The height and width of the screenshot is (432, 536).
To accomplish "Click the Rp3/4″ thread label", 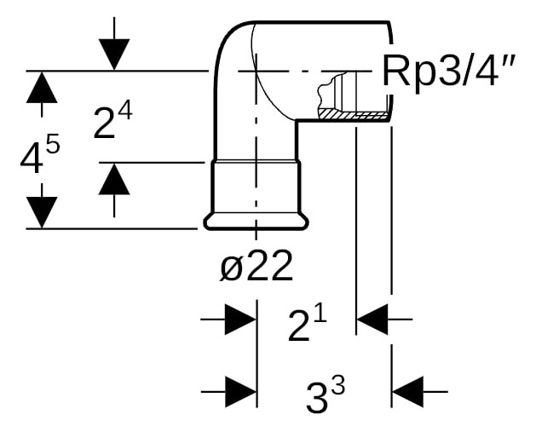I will [x=448, y=71].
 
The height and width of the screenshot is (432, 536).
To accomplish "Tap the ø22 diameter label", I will [x=256, y=268].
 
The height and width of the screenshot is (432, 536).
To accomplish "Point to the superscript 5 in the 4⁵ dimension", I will [x=53, y=145].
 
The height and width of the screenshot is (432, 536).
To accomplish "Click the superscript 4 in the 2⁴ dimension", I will [x=124, y=111].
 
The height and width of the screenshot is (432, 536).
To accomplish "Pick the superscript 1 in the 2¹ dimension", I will [x=320, y=314].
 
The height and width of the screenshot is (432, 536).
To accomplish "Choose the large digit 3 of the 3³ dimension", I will [x=316, y=398].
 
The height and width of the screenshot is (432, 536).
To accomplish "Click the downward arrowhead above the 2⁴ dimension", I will [x=114, y=55].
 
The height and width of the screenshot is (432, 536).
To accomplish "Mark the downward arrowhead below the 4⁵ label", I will [x=41, y=211].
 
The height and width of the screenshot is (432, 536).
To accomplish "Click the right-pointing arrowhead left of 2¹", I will [x=239, y=321].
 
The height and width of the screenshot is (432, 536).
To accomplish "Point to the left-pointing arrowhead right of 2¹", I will [x=372, y=321].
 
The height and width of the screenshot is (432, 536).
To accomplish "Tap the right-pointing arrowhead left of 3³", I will [x=239, y=392].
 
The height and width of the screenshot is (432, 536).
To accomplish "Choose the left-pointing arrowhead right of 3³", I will [x=408, y=392].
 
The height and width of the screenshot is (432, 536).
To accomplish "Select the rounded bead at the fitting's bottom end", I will [x=256, y=222].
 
